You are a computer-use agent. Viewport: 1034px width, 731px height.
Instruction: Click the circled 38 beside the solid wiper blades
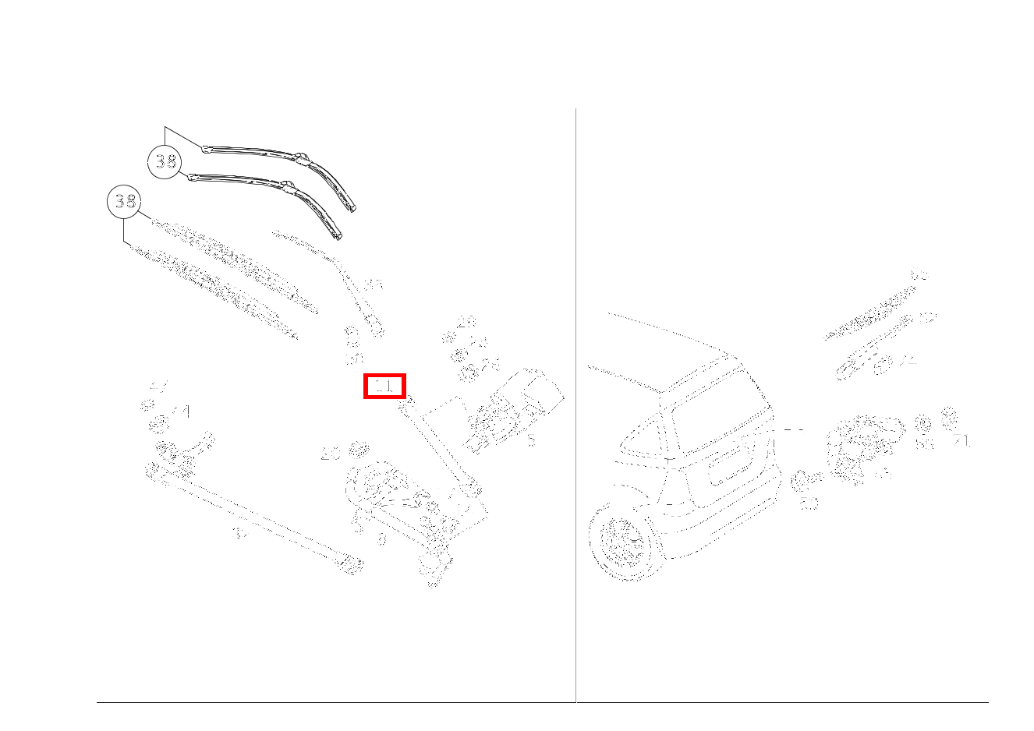point(164,162)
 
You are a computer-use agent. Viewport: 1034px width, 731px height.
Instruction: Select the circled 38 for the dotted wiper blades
point(123,202)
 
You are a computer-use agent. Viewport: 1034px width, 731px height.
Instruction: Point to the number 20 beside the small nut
point(331,454)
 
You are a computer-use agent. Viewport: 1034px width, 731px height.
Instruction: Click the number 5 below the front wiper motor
point(531,441)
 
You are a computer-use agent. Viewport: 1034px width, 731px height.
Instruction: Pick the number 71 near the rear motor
point(961,442)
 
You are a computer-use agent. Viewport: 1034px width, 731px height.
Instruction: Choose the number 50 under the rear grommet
point(809,504)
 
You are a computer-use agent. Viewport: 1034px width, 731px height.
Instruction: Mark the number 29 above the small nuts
point(466,322)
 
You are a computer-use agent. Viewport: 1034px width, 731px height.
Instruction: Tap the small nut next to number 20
point(359,449)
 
